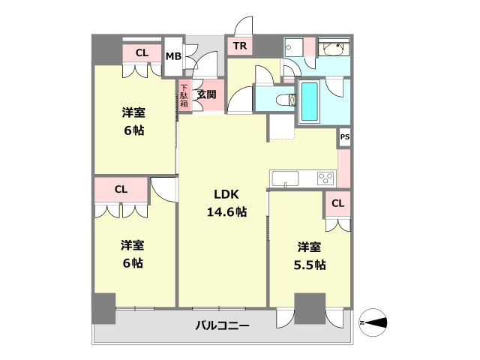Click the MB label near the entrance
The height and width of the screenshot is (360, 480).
tap(173, 56)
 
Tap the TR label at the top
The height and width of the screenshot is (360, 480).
tap(240, 46)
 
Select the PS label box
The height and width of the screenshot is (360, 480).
tap(344, 138)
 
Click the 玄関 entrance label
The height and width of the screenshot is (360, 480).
tap(207, 94)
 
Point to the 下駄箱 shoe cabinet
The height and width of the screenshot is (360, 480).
tap(184, 96)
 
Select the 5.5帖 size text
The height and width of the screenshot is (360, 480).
tap(310, 265)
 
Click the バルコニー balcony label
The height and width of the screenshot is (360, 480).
tap(223, 325)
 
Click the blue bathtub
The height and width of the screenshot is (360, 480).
tap(310, 101)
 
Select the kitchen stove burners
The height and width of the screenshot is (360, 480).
tap(326, 178)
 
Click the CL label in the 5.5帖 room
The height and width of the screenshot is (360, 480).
tap(337, 203)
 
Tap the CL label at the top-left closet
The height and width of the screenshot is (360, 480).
tap(142, 53)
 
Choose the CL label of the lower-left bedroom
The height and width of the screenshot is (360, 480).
tap(121, 189)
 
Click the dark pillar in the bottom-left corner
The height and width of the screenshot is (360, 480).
tap(103, 308)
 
